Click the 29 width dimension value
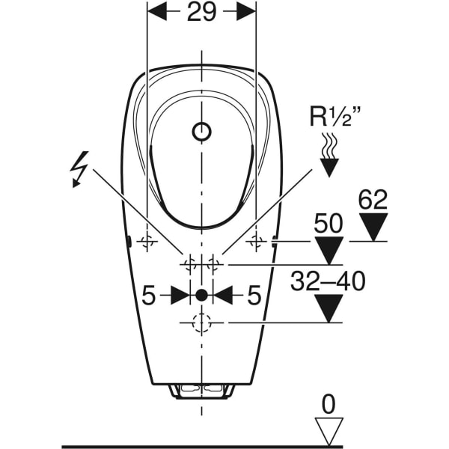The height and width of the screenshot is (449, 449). click(x=201, y=12)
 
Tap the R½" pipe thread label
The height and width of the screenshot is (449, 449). click(x=335, y=116)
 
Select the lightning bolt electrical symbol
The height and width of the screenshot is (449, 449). click(x=79, y=169)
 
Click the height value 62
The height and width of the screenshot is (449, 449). click(x=373, y=200)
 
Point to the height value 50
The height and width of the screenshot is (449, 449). click(x=329, y=223)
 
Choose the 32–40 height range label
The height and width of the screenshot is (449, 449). click(x=328, y=281)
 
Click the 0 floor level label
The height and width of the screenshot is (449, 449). click(x=329, y=405)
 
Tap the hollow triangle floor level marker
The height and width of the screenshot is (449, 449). click(x=329, y=431)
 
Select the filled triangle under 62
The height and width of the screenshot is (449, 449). click(x=373, y=227)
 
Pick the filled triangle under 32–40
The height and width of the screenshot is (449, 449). click(x=329, y=308)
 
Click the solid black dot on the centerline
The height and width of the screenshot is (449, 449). click(x=201, y=295)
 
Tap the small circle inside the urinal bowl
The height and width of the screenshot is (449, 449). click(x=201, y=132)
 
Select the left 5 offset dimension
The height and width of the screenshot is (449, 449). click(x=149, y=296)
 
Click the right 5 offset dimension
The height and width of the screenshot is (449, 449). click(x=254, y=296)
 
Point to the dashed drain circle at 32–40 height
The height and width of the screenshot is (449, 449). click(x=201, y=323)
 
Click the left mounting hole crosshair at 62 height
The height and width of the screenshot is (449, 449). click(x=147, y=242)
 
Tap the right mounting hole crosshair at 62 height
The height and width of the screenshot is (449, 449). click(x=256, y=242)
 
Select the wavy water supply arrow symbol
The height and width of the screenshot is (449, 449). click(x=329, y=155)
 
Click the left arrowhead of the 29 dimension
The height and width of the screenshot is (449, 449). click(x=156, y=12)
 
